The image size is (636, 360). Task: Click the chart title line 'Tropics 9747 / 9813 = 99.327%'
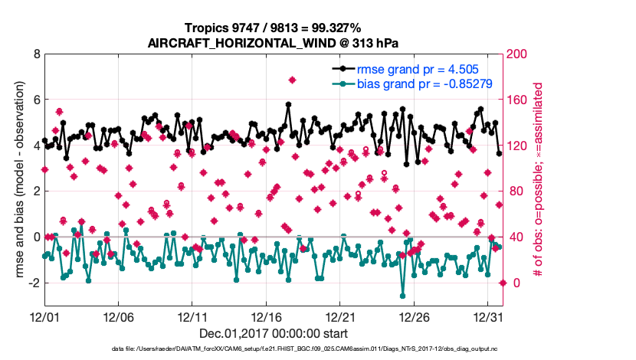click(x=274, y=28)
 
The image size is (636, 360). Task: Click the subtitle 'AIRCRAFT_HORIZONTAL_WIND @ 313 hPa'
click(x=274, y=43)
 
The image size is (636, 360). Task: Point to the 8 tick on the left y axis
click(x=36, y=54)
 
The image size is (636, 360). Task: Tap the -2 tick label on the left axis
click(x=34, y=283)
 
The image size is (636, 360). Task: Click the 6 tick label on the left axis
click(x=36, y=100)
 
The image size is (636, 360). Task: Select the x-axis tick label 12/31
click(x=489, y=316)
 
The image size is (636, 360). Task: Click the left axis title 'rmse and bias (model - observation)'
click(x=15, y=180)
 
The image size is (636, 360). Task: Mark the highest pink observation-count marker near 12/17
click(x=292, y=80)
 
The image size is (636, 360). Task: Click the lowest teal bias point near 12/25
click(x=402, y=295)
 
